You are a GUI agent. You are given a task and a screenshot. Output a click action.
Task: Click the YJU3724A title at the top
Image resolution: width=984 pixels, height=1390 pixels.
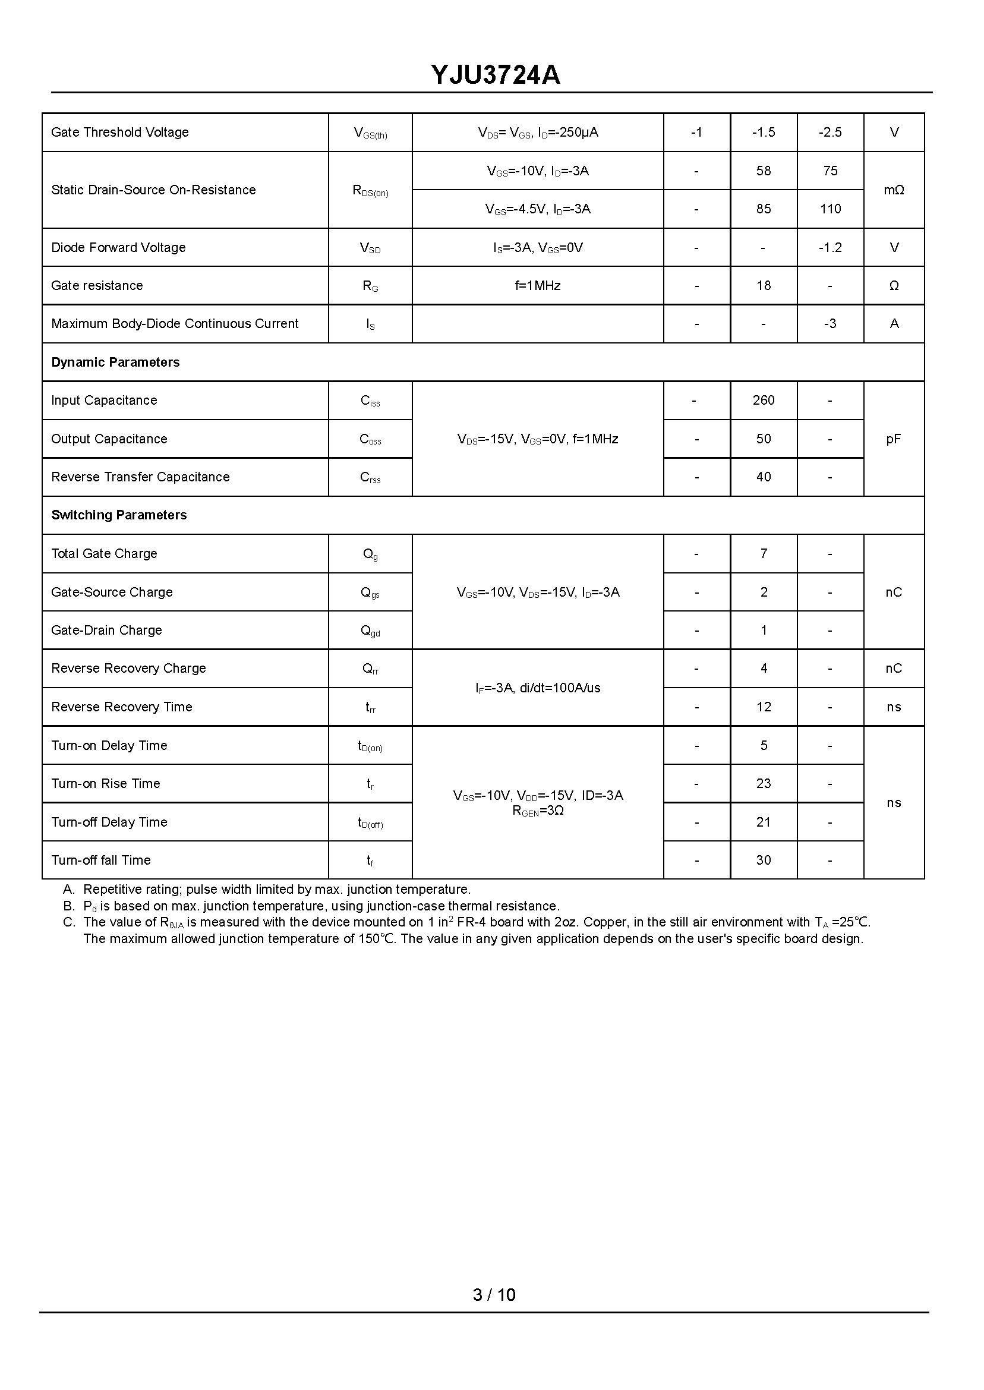(x=496, y=75)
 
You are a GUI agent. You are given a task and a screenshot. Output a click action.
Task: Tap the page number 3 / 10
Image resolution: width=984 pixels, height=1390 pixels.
(x=494, y=1295)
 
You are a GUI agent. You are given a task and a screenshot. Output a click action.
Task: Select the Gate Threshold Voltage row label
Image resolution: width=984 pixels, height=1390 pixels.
(x=120, y=132)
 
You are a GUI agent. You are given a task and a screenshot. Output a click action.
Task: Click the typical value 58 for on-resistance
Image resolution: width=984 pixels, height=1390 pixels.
(x=764, y=171)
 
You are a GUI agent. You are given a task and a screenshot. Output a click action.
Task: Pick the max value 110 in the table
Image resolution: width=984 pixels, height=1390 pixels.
(x=830, y=209)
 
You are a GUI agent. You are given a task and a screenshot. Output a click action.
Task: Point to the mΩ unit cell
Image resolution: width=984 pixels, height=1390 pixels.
(x=894, y=190)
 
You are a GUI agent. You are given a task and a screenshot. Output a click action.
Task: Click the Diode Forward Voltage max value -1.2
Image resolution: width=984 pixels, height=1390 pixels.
(x=830, y=247)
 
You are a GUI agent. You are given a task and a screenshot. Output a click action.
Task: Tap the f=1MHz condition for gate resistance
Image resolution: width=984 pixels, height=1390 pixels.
(x=537, y=285)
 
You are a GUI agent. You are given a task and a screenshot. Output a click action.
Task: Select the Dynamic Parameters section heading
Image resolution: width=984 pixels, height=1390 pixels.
(x=116, y=363)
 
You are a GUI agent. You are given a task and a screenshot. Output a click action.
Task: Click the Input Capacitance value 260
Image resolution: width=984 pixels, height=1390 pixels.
(x=764, y=401)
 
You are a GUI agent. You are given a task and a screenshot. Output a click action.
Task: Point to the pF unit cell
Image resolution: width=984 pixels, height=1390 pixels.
(x=894, y=439)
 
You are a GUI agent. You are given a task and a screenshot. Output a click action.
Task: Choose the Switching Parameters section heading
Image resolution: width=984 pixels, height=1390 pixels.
(x=119, y=515)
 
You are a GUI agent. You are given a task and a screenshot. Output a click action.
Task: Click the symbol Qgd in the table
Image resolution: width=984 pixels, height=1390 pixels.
(x=370, y=631)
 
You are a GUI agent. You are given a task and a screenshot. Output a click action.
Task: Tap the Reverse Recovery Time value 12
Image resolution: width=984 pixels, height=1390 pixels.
(x=764, y=707)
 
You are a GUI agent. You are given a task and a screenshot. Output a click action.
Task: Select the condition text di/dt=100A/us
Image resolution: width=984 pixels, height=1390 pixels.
(x=560, y=688)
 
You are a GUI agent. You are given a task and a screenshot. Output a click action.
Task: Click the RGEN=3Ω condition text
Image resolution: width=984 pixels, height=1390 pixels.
(x=538, y=811)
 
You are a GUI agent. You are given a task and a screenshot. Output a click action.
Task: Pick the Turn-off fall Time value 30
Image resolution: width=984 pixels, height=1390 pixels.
(x=764, y=861)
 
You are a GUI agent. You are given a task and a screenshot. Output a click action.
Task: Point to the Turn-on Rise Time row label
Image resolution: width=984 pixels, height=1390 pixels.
(x=106, y=783)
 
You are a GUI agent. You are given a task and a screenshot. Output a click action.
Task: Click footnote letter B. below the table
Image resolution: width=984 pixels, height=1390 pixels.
(x=68, y=906)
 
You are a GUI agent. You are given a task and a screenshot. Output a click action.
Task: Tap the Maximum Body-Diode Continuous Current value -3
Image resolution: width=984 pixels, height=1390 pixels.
(x=830, y=323)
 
